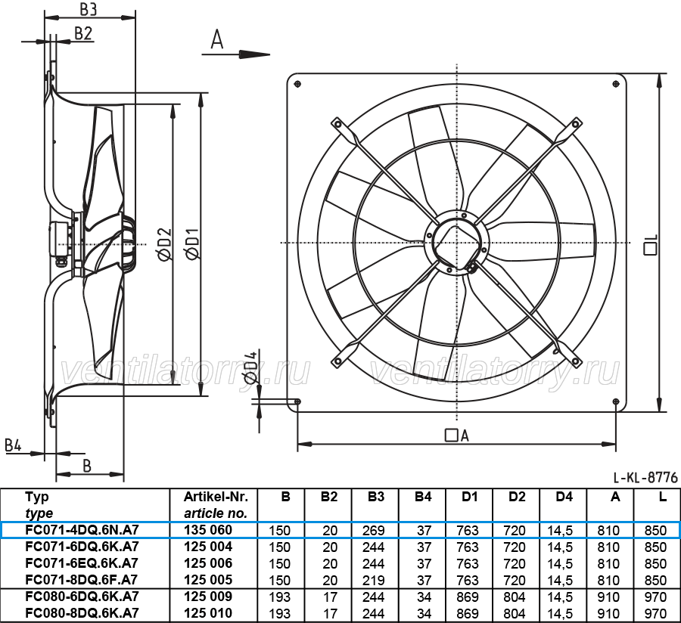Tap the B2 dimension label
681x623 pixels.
coord(83,33)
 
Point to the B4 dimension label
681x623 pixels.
coord(13,445)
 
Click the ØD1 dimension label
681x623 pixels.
coord(192,244)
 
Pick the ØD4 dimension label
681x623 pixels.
coord(250,368)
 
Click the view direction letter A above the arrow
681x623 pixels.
coord(216,39)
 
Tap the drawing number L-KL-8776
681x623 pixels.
coord(645,478)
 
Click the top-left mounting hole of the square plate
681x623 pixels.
coord(297,84)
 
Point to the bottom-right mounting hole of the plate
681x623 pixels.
coord(616,401)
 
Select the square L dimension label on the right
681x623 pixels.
coord(651,245)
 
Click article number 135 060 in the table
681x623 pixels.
coord(208,530)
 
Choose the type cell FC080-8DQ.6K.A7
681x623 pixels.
coord(82,613)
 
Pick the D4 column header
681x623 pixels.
coord(564,497)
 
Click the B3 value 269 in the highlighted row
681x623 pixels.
coord(374,531)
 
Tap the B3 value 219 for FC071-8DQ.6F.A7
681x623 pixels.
coord(374,581)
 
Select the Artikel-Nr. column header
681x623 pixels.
coord(216,497)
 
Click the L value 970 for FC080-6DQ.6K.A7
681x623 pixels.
coord(655,597)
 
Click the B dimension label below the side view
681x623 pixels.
coord(87,466)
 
